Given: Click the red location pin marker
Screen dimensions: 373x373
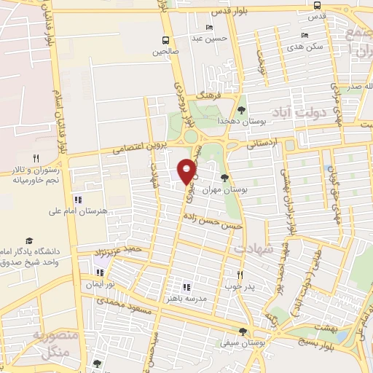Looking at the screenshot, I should [x=187, y=170].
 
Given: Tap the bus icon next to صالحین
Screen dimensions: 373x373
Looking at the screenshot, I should [x=166, y=40].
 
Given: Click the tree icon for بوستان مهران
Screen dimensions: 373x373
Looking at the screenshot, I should [x=224, y=178].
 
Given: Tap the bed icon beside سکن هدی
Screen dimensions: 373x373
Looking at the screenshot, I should [x=305, y=34].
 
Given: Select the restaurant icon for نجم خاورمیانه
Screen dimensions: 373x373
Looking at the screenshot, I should [x=35, y=158].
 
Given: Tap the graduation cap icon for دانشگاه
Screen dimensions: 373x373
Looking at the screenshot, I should [x=29, y=240].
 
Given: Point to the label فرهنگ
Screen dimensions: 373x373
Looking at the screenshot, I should [x=210, y=95].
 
